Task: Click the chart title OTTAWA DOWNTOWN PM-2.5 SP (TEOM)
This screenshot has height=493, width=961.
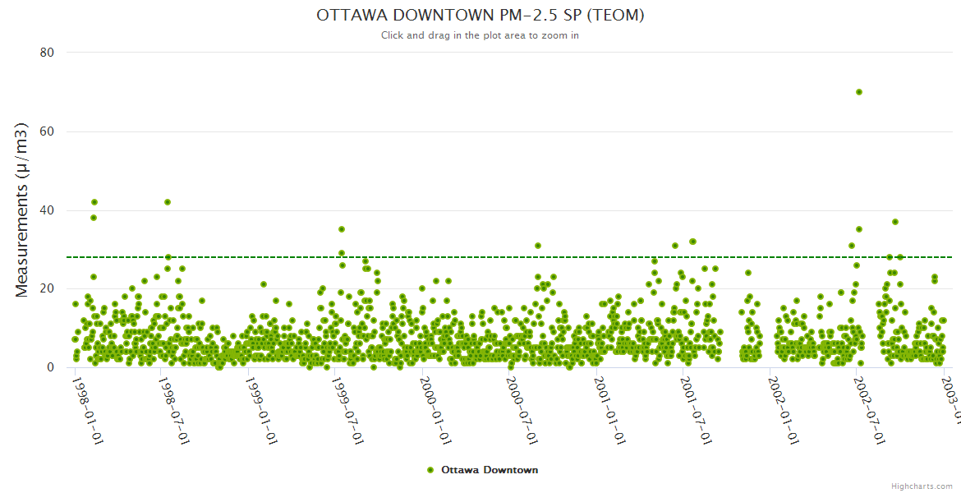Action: click(480, 16)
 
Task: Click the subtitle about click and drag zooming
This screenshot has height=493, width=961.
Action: click(480, 35)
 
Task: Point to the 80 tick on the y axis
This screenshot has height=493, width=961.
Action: click(47, 53)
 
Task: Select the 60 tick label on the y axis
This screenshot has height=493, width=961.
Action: click(47, 131)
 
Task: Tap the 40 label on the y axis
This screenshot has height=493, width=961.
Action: click(47, 210)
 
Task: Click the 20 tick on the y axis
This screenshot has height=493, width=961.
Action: click(47, 289)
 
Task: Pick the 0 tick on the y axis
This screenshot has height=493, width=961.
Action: click(50, 368)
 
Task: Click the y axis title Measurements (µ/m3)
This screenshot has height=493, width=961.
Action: click(23, 210)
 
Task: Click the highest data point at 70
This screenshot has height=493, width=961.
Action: click(858, 92)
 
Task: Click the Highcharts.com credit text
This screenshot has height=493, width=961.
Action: click(922, 486)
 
